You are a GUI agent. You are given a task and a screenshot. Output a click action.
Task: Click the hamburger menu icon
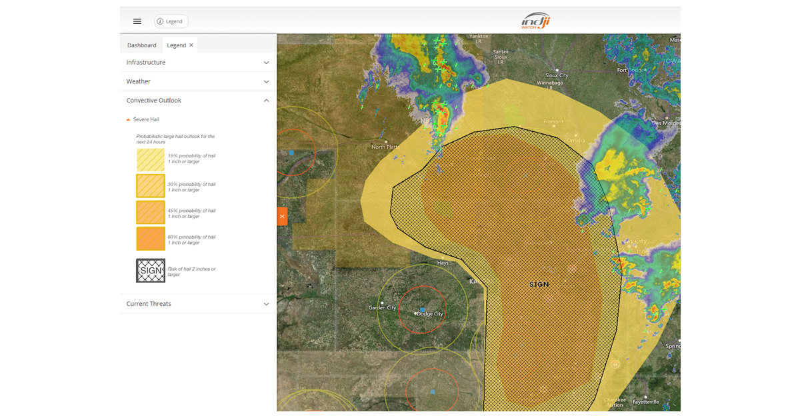coord(137,21)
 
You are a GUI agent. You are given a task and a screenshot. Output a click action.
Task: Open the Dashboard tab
coord(142,45)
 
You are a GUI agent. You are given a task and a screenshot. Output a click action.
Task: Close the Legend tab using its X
coord(191,45)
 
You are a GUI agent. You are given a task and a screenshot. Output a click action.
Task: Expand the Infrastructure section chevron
coord(267,63)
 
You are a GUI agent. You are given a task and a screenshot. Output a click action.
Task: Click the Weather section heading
coord(139,81)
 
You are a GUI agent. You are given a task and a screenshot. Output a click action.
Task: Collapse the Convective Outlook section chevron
coord(267,101)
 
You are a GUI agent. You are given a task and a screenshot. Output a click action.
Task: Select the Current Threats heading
coord(149,304)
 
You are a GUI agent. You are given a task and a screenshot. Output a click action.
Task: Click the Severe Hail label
coord(146,119)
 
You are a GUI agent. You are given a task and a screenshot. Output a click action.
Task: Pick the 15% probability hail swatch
coord(151,159)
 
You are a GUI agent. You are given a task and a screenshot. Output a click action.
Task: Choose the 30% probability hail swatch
coord(151,187)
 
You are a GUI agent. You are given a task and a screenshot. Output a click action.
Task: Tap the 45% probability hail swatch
coord(151,213)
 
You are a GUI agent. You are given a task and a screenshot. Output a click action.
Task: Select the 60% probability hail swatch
coord(151,239)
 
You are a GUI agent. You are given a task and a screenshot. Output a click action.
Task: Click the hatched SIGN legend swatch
coord(151,271)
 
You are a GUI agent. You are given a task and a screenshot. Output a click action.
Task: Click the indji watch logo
coord(536,21)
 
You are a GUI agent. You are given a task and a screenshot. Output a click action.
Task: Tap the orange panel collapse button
coord(282,217)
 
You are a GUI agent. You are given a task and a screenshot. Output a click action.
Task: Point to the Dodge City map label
coord(429,313)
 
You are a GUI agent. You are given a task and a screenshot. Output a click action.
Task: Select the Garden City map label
coord(383,307)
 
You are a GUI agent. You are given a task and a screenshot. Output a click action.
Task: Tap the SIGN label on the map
coord(539,285)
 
